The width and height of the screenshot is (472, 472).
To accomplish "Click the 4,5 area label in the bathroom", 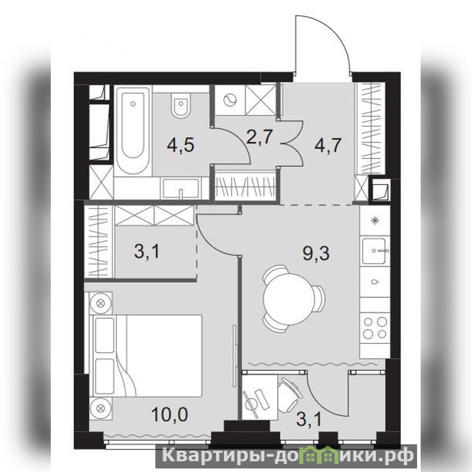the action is (x=181, y=145).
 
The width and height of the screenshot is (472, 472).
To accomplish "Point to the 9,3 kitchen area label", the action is (x=316, y=253).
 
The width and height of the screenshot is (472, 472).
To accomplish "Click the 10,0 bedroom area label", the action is (x=170, y=414).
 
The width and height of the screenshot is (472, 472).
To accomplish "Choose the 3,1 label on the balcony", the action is (x=308, y=419).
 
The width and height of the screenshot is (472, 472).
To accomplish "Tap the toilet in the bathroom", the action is (x=181, y=105).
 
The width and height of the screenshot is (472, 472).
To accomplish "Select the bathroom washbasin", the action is (x=181, y=188).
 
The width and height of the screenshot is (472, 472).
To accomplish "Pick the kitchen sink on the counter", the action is (x=373, y=250).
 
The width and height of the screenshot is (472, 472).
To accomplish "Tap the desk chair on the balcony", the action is (x=289, y=394).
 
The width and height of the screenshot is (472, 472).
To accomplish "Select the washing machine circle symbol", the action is (x=230, y=100).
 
